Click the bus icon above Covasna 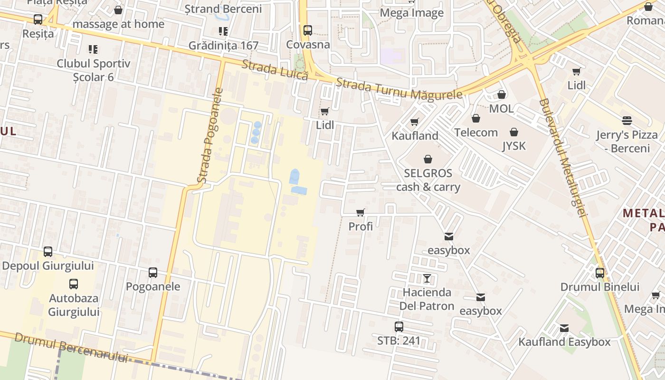pyautogui.click(x=308, y=30)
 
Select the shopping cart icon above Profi pyautogui.click(x=361, y=212)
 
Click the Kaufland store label pyautogui.click(x=415, y=136)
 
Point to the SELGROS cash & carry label pyautogui.click(x=428, y=180)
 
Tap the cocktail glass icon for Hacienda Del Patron pyautogui.click(x=427, y=278)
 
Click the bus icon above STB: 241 pyautogui.click(x=399, y=327)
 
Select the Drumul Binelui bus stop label pyautogui.click(x=600, y=287)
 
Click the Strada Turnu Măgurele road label pyautogui.click(x=399, y=89)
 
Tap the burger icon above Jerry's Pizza pyautogui.click(x=627, y=121)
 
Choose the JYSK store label pyautogui.click(x=514, y=146)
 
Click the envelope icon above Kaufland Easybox pyautogui.click(x=564, y=328)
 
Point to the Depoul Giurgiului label pyautogui.click(x=48, y=266)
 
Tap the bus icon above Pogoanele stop pyautogui.click(x=153, y=273)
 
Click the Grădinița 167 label pyautogui.click(x=223, y=46)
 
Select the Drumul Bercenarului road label pyautogui.click(x=71, y=347)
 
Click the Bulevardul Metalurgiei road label pyautogui.click(x=563, y=157)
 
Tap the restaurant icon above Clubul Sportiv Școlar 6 pyautogui.click(x=93, y=49)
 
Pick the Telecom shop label pyautogui.click(x=476, y=133)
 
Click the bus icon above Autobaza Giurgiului pyautogui.click(x=74, y=284)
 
